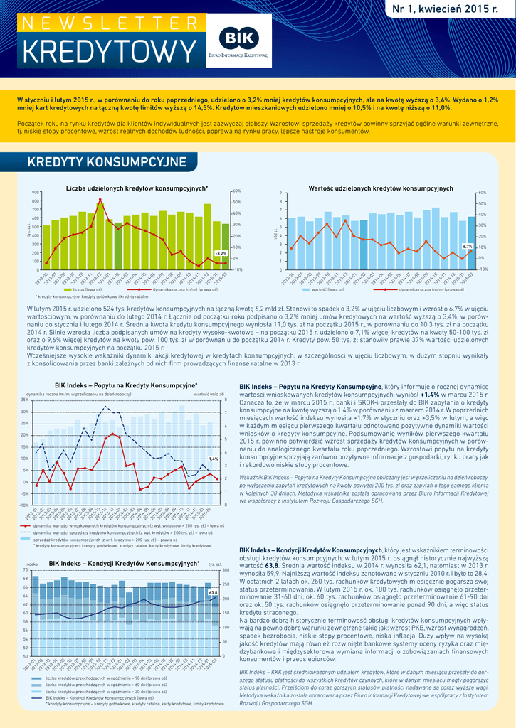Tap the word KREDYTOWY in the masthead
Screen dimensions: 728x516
[x=108, y=52]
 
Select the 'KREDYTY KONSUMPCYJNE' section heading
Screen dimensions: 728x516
[x=106, y=162]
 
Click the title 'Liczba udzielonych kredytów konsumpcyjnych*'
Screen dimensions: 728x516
[x=137, y=188]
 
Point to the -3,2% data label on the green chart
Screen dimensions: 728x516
[x=221, y=253]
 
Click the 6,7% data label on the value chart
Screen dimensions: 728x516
[x=468, y=246]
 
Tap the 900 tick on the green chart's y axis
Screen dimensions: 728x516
[x=36, y=193]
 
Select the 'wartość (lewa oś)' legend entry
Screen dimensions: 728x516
[x=324, y=290]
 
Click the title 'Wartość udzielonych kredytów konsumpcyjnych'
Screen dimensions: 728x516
[x=381, y=188]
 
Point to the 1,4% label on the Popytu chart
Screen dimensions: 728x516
[x=213, y=459]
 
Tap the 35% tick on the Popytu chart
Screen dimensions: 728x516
[x=25, y=400]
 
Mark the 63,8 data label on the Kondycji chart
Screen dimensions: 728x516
[x=212, y=592]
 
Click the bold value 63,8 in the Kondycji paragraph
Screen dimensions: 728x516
[x=271, y=564]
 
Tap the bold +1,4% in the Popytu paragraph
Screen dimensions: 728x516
[x=430, y=393]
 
